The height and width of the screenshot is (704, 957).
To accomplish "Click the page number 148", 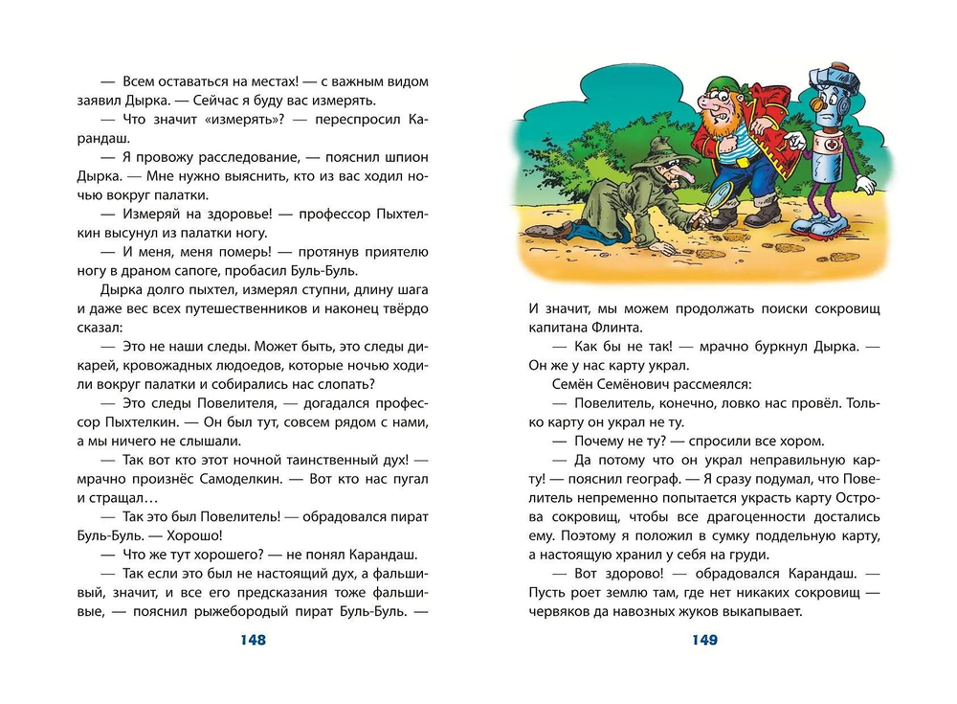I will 251,640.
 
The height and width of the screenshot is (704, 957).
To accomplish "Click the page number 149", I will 703,640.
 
